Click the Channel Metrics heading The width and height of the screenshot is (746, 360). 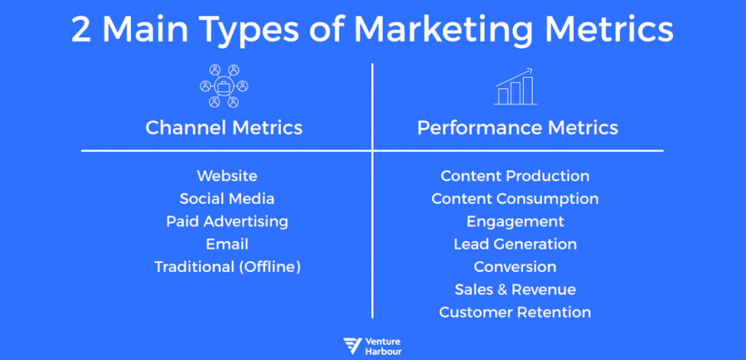pos(224,128)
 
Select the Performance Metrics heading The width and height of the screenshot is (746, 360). pos(518,128)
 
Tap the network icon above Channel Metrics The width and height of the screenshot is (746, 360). pos(224,86)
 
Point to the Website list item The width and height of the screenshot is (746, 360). pos(227,176)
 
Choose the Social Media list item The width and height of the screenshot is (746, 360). pos(227,198)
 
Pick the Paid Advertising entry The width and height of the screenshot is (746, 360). pos(227,222)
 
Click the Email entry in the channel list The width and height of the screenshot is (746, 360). pos(227,244)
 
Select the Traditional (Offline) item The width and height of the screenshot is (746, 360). pos(227,267)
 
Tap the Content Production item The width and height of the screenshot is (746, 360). pos(515,176)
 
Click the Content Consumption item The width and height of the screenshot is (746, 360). pos(515,199)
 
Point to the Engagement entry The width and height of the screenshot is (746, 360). pos(515,222)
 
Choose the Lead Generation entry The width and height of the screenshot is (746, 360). pos(515,244)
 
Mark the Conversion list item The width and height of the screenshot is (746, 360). pos(515,267)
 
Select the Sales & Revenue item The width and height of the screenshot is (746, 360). pos(515,289)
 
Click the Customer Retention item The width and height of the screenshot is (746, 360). pos(515,313)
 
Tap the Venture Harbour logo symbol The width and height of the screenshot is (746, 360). pos(353,346)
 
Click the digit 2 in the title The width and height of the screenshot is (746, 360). pos(82,31)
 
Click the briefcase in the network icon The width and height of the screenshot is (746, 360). pos(223,87)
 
